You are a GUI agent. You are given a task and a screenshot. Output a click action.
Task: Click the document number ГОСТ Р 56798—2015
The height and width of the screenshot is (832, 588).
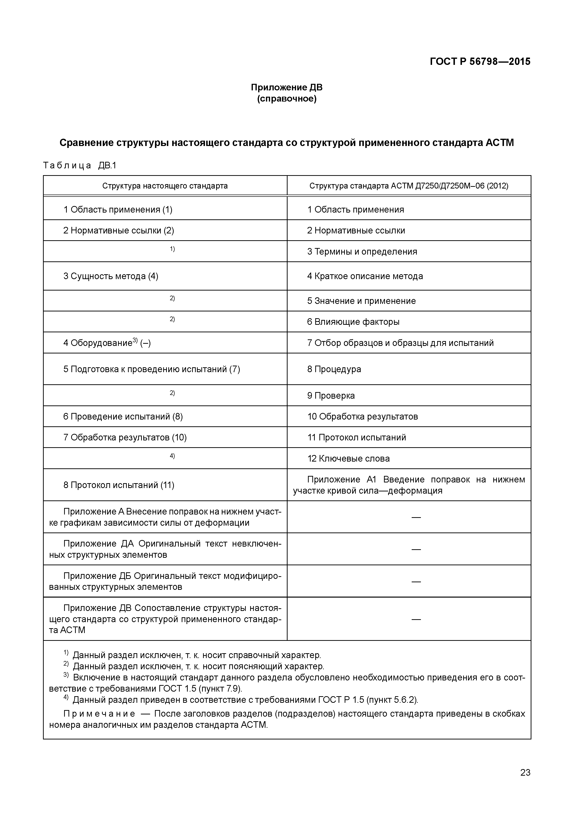(480, 62)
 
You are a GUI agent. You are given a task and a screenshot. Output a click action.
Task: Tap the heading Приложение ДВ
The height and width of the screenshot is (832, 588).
(287, 87)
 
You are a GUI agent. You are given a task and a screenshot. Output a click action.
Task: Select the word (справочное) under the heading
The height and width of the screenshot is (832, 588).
(287, 99)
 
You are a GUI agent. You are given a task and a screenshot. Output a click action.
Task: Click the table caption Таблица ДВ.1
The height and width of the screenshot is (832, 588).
(80, 166)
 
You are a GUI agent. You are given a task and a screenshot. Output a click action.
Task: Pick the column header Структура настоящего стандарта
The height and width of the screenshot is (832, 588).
(165, 186)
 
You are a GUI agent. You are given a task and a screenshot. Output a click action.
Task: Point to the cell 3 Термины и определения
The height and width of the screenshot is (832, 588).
(362, 251)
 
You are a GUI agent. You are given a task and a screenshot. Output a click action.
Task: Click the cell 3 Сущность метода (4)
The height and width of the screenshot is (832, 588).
(111, 276)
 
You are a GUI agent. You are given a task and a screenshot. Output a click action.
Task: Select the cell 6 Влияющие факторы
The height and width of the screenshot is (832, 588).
(353, 322)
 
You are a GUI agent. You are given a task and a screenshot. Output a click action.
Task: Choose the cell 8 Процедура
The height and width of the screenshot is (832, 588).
(334, 369)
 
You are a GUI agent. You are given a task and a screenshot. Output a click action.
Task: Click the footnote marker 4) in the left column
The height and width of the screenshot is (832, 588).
(172, 456)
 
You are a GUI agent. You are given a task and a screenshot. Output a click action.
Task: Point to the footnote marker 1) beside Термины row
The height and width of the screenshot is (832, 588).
(172, 249)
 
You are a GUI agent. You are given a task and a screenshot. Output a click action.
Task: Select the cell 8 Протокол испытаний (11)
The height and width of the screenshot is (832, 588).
(119, 485)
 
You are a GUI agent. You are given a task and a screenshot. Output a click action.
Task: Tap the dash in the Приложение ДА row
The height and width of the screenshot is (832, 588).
(416, 549)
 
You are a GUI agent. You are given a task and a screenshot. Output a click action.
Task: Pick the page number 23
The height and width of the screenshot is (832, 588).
(525, 783)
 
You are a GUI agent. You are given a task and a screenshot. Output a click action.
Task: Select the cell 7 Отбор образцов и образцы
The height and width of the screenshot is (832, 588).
(400, 343)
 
